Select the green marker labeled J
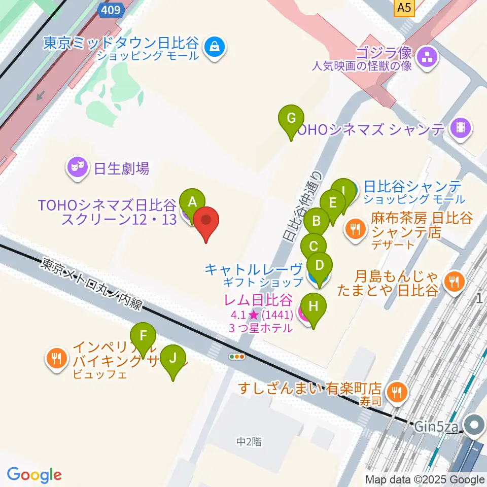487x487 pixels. (173, 359)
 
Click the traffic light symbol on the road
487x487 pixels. (237, 357)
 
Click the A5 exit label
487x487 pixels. (404, 7)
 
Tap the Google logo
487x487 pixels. (34, 474)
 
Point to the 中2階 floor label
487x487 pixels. (249, 442)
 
